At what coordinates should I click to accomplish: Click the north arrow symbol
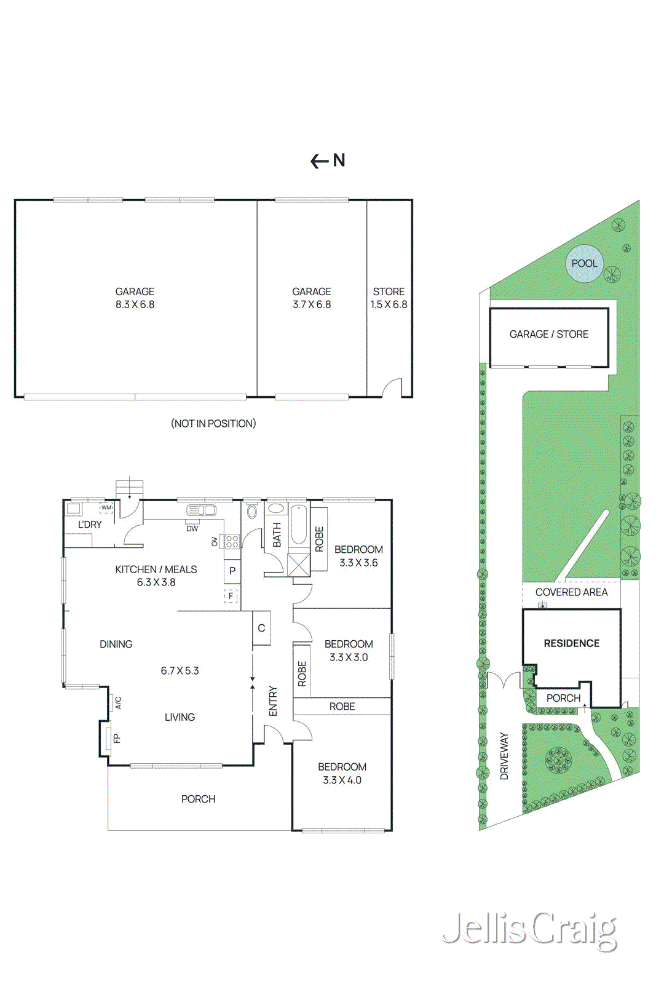pyautogui.click(x=328, y=161)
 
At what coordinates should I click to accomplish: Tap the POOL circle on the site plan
pyautogui.click(x=583, y=264)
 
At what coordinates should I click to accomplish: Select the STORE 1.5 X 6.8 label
pyautogui.click(x=389, y=298)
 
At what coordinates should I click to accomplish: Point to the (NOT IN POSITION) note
pyautogui.click(x=213, y=423)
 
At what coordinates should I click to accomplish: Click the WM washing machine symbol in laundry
pyautogui.click(x=106, y=508)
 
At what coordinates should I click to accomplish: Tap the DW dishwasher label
pyautogui.click(x=192, y=528)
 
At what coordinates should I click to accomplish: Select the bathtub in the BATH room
pyautogui.click(x=298, y=525)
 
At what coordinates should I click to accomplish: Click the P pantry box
pyautogui.click(x=232, y=570)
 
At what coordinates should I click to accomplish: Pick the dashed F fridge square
pyautogui.click(x=231, y=595)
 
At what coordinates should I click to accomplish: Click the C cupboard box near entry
pyautogui.click(x=261, y=628)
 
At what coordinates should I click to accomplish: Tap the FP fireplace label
pyautogui.click(x=117, y=738)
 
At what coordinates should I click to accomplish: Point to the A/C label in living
pyautogui.click(x=118, y=702)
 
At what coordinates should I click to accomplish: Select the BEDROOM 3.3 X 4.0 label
pyautogui.click(x=342, y=773)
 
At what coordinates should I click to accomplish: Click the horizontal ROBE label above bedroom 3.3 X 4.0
pyautogui.click(x=342, y=707)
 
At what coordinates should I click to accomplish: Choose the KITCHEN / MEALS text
pyautogui.click(x=156, y=569)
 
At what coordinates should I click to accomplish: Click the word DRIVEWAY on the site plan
pyautogui.click(x=504, y=756)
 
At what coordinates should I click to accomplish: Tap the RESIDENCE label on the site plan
pyautogui.click(x=571, y=643)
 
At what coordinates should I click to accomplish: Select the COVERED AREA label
pyautogui.click(x=571, y=592)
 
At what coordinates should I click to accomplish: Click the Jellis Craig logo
pyautogui.click(x=529, y=930)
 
